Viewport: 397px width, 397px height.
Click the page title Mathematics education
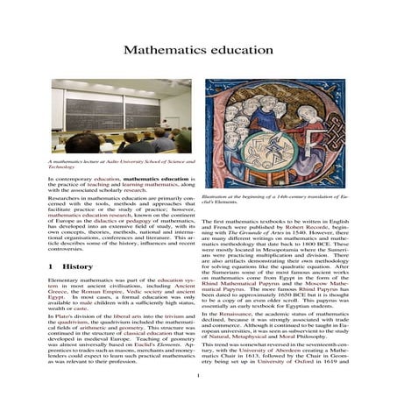198,50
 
